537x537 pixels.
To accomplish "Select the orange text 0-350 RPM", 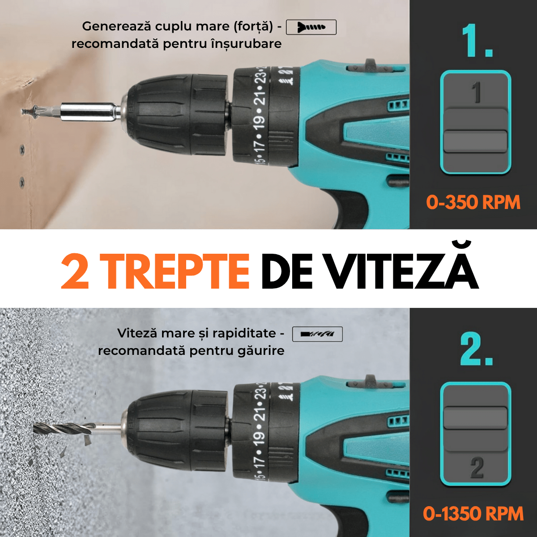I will [473, 202].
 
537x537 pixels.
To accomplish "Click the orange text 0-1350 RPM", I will [473, 513].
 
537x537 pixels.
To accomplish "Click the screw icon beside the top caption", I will [311, 27].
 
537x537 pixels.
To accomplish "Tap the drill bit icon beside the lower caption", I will [317, 334].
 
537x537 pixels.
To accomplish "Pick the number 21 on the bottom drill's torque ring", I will [259, 415].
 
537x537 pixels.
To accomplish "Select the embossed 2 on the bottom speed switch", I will [476, 468].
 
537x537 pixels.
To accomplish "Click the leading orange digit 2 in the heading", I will [75, 271].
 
